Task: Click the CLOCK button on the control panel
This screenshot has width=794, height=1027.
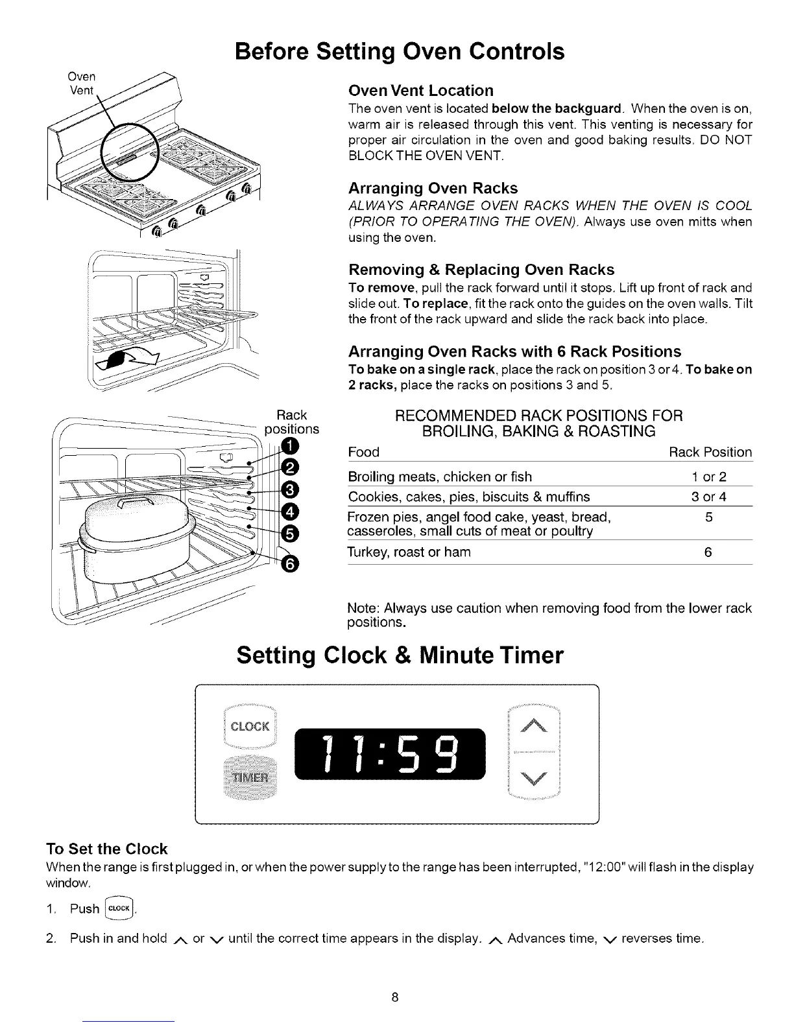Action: [x=250, y=726]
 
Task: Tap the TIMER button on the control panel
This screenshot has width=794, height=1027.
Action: [x=250, y=777]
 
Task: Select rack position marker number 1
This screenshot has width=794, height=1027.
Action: [x=290, y=445]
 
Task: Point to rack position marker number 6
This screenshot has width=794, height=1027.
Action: [x=290, y=565]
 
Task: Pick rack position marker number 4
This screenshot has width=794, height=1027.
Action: [x=290, y=511]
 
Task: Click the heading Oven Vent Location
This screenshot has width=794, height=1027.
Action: [x=420, y=90]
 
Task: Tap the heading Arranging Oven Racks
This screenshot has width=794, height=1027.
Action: [x=433, y=188]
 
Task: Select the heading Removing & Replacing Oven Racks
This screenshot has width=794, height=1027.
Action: [x=481, y=269]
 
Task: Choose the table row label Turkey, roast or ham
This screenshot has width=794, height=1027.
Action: [x=409, y=552]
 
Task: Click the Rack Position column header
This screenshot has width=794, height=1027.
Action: [x=710, y=452]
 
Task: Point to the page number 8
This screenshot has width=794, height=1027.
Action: [x=394, y=997]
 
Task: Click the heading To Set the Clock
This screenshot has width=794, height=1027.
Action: [x=107, y=849]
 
